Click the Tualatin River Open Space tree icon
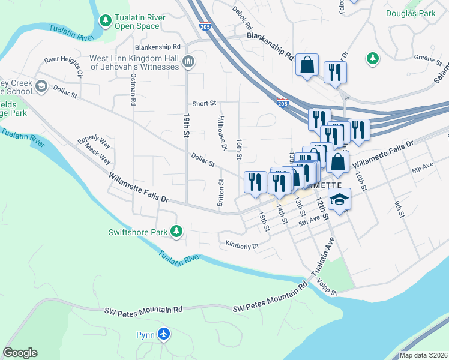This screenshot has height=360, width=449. click(106, 21)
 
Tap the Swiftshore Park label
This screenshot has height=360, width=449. click(137, 232)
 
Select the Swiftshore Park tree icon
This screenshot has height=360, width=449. click(176, 231)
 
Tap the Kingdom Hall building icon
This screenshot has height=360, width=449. click(188, 61)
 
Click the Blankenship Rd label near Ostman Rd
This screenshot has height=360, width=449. click(158, 47)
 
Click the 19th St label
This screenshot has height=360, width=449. click(187, 125)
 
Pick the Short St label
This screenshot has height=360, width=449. click(204, 103)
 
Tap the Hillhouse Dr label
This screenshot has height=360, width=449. click(221, 134)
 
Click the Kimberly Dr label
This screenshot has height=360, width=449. click(241, 245)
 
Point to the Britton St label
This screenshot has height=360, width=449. click(221, 191)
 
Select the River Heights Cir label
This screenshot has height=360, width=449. click(62, 61)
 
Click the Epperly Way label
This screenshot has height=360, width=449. click(94, 143)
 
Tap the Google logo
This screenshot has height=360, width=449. click(20, 353)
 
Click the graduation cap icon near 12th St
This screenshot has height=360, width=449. click(339, 200)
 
